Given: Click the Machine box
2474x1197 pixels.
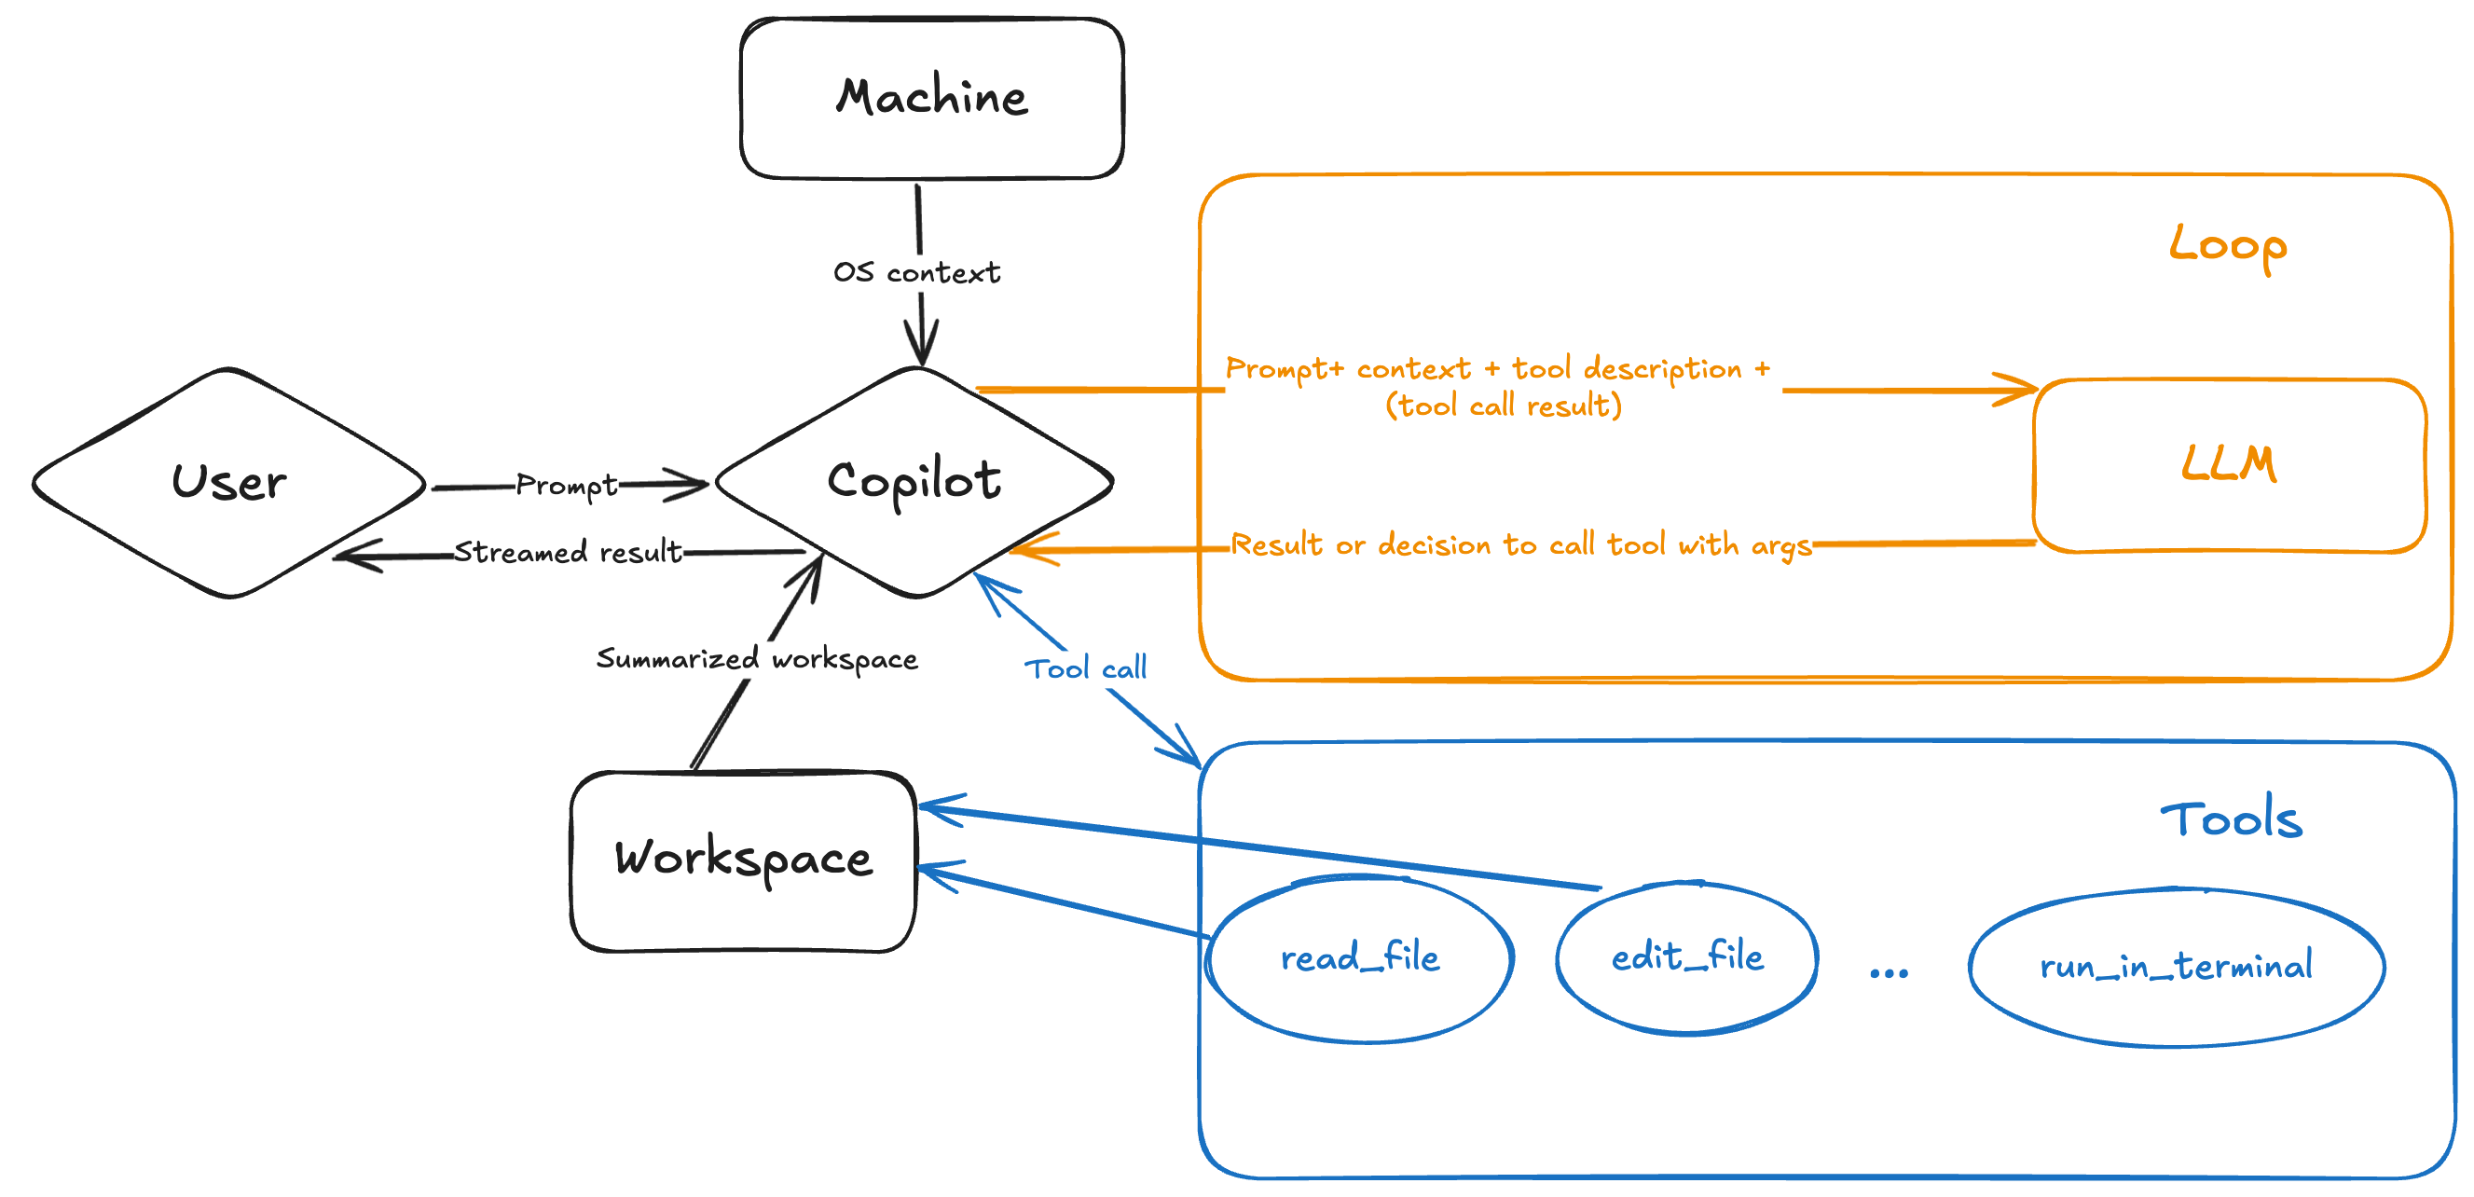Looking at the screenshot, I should point(931,98).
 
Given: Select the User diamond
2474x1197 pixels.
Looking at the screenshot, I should point(228,482).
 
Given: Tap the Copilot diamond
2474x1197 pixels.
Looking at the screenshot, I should point(914,480).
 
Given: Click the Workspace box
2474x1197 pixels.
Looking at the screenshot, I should point(743,860).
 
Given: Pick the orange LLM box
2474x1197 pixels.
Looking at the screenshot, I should point(2229,465).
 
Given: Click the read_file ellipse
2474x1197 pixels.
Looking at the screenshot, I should point(1360,957).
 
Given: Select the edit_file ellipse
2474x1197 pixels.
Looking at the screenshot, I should point(1686,956).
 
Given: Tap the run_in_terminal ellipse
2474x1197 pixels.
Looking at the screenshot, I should point(2177,967).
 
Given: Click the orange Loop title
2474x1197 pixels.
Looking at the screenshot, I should point(2228,245).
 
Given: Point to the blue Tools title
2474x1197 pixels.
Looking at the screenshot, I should point(2231,819).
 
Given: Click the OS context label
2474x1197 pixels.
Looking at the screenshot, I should point(916,273).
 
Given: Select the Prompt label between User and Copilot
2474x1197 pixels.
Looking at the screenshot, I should point(567,486).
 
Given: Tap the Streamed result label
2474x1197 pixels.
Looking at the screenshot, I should point(568,553).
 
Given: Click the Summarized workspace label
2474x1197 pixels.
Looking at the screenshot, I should point(757,659).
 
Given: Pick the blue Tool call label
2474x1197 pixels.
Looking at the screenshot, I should point(1085,668).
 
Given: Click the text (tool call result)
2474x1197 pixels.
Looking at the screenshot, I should point(1503,406).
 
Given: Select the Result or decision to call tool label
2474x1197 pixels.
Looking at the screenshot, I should point(1520,545).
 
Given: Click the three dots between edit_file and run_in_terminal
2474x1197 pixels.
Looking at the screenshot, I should point(1889,973).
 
